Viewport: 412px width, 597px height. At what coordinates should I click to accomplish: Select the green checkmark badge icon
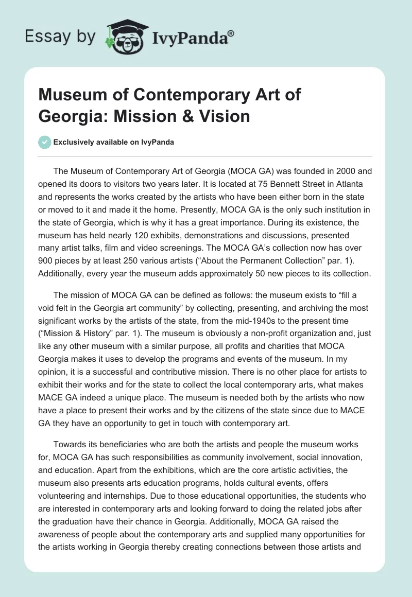click(44, 143)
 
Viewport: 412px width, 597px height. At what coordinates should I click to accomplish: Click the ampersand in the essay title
click(173, 115)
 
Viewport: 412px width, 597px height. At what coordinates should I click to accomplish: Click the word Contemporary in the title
click(176, 95)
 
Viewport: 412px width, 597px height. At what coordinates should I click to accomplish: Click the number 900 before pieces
click(46, 261)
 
